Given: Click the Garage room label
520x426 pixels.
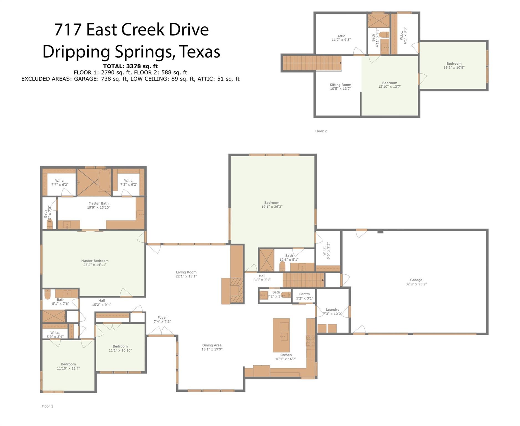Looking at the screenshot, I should click(x=416, y=280).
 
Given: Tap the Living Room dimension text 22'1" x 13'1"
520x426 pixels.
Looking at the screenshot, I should click(x=186, y=276).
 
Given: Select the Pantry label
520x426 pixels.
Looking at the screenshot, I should click(x=305, y=294).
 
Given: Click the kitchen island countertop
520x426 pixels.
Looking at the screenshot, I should click(x=281, y=335).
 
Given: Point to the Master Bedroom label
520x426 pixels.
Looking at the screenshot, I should click(x=95, y=261).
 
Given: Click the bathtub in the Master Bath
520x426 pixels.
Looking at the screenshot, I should click(x=104, y=180).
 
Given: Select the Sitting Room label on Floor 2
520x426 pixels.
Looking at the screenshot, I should click(x=340, y=85).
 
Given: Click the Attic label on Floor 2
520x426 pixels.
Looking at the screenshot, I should click(x=341, y=36).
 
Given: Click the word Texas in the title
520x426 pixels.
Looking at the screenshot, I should click(x=199, y=52).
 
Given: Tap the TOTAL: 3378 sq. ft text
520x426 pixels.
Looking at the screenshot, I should click(x=130, y=66).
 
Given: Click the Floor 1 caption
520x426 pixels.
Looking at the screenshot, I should click(x=47, y=406).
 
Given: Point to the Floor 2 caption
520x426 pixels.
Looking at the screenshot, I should click(x=321, y=131).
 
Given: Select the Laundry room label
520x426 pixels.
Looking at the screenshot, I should click(x=333, y=310).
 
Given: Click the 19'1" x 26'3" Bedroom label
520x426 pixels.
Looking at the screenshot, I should click(x=272, y=205).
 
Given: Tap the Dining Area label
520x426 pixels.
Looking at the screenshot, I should click(x=212, y=345).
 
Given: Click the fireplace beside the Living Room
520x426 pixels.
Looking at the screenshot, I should click(x=236, y=291).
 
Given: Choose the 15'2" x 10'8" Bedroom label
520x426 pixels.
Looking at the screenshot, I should click(x=454, y=65).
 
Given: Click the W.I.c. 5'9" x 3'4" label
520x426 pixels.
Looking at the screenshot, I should click(x=55, y=334).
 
